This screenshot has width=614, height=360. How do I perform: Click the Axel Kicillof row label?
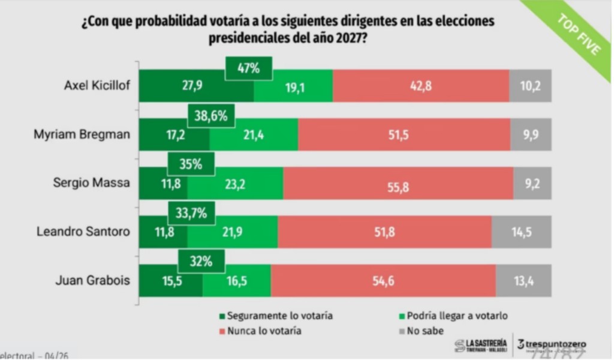97,86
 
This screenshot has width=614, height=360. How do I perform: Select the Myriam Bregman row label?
82,135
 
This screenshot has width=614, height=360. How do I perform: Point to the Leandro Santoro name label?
83,232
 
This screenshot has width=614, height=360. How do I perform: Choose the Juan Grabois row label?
93,280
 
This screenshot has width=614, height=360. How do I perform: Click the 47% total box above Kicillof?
249,68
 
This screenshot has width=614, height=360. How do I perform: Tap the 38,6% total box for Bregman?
210,116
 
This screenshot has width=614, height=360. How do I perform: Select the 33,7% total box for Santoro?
191,212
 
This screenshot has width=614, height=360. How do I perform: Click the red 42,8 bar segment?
420,86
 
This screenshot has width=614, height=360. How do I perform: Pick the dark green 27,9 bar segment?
196,86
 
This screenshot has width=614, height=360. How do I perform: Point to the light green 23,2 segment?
235,183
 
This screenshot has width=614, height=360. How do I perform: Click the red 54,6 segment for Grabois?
383,280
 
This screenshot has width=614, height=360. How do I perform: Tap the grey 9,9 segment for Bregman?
531,135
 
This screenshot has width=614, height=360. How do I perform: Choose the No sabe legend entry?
422,330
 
